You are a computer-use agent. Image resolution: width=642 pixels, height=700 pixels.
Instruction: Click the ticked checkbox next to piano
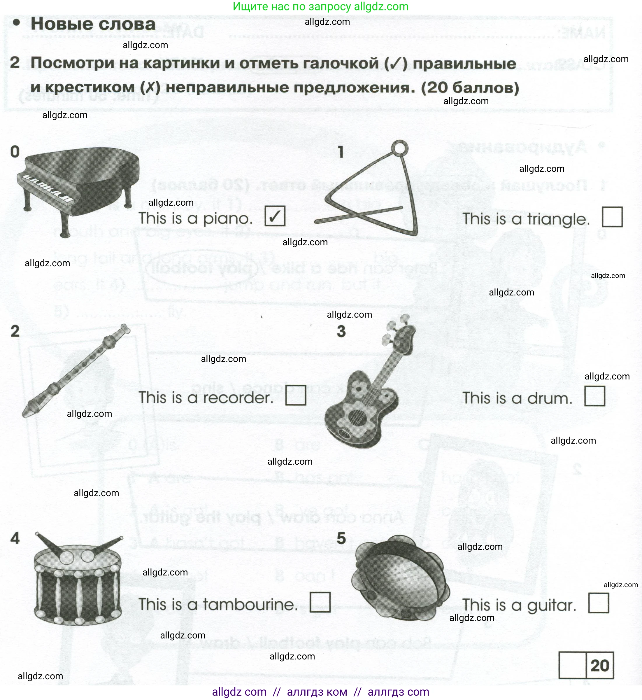275,216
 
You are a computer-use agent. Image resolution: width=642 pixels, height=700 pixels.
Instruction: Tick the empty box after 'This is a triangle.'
612,217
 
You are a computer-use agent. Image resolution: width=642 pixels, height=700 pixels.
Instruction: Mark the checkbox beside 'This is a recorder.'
296,395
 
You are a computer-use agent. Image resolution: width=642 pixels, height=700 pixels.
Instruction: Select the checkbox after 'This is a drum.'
595,396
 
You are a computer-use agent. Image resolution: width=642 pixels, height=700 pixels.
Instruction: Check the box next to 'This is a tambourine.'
320,602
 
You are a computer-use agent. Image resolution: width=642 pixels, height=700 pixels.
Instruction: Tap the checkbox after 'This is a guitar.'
599,603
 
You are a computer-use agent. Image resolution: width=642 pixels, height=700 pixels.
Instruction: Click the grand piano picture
78,188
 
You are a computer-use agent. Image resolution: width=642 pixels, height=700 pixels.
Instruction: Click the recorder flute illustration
76,370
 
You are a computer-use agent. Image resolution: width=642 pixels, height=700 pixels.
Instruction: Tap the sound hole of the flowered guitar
356,416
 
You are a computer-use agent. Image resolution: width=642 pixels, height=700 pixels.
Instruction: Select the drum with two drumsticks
78,580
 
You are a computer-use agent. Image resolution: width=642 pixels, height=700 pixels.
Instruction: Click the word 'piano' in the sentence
227,219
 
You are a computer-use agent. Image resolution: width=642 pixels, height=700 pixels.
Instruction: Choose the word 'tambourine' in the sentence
250,604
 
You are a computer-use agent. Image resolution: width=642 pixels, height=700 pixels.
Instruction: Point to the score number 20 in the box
600,665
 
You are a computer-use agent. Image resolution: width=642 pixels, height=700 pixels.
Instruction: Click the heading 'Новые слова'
93,24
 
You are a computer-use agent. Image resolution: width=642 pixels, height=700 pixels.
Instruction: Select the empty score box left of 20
573,665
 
